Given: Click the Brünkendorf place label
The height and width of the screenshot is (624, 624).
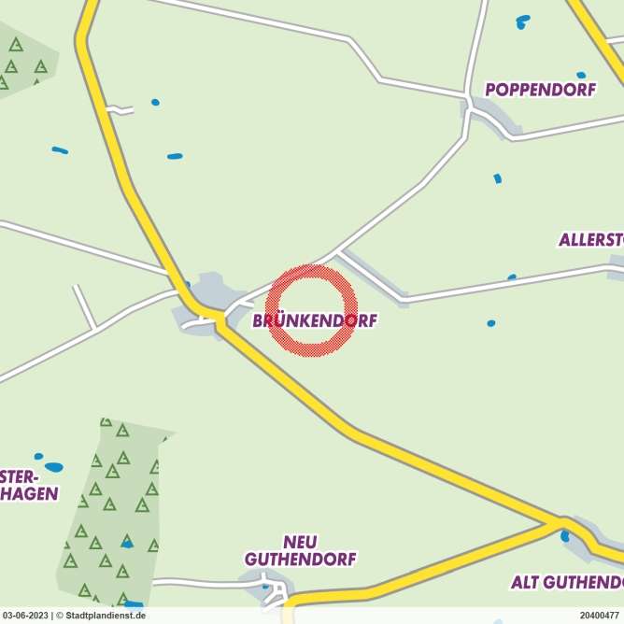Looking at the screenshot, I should tap(315, 320).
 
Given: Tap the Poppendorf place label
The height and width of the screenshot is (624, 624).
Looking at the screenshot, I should tap(540, 90).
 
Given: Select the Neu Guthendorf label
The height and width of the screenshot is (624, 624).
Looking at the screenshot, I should tap(300, 551).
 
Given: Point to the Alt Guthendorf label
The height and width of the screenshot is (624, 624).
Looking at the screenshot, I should tap(567, 582).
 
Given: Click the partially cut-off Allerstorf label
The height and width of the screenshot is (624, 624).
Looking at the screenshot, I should tap(591, 240).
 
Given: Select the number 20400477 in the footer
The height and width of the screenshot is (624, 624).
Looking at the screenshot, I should tap(599, 616).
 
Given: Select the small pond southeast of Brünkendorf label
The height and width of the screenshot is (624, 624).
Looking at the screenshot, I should tap(491, 323).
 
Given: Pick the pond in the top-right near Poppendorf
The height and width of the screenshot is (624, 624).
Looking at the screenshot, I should tap(522, 20).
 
